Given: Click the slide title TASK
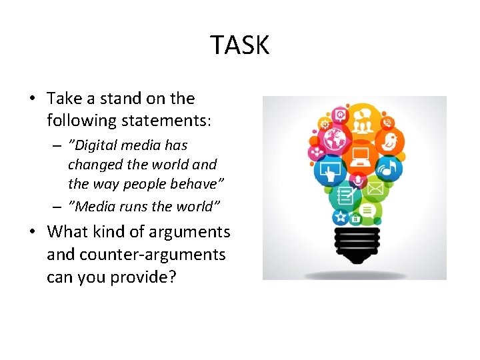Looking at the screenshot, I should [x=240, y=45].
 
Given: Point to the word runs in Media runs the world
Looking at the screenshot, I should [x=133, y=206].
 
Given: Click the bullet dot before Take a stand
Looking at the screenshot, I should [x=32, y=99].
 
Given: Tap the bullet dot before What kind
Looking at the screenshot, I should [x=32, y=233].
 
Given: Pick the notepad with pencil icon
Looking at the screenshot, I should [x=345, y=196].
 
